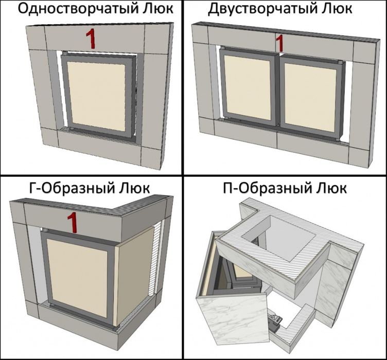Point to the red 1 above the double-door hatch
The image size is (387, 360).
click(279, 43)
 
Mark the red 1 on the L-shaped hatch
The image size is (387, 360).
click(73, 223)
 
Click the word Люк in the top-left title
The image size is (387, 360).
click(161, 9)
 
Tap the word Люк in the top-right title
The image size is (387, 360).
click(339, 9)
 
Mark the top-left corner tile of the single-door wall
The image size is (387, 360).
click(36, 38)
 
